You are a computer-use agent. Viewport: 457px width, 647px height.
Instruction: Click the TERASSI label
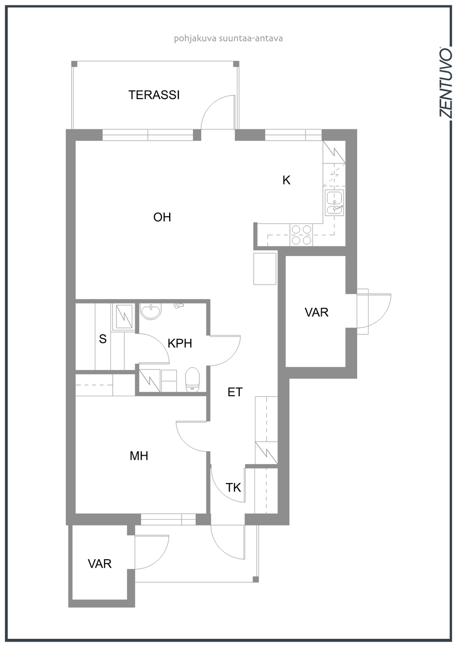click(x=154, y=95)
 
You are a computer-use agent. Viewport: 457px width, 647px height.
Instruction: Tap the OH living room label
click(x=162, y=217)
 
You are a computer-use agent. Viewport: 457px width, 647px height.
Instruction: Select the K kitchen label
click(x=286, y=180)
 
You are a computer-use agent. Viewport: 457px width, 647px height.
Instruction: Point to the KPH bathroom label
click(x=180, y=343)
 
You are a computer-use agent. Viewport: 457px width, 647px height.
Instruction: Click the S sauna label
click(x=102, y=339)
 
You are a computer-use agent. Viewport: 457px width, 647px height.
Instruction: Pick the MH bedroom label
click(x=139, y=456)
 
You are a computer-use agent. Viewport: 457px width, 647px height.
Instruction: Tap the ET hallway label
click(x=235, y=392)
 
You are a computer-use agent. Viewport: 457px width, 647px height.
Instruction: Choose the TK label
click(x=233, y=487)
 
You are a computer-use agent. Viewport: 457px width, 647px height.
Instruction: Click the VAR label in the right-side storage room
click(x=316, y=312)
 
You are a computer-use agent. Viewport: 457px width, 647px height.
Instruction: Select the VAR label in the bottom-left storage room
click(x=100, y=564)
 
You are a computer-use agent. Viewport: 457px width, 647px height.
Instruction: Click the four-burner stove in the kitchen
click(x=301, y=235)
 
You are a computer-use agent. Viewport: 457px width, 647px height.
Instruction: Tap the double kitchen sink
click(x=334, y=203)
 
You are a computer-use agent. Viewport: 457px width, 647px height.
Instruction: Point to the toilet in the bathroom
click(x=192, y=380)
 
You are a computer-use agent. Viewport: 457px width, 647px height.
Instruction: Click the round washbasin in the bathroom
click(x=151, y=311)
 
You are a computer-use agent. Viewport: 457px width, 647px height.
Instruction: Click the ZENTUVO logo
click(x=445, y=82)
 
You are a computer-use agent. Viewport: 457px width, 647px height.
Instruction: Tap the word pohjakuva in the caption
click(x=195, y=39)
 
